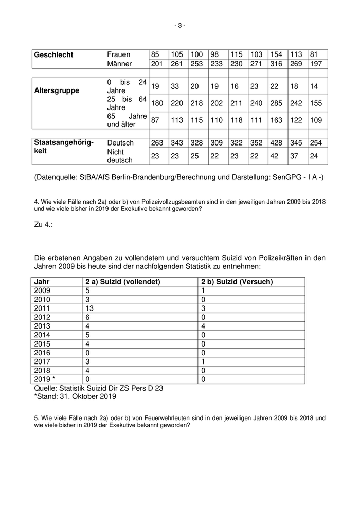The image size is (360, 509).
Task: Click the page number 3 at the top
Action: [x=179, y=25]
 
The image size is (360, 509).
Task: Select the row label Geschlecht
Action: [x=53, y=55]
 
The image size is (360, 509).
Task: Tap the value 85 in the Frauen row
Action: [x=155, y=55]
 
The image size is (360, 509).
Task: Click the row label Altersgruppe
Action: [x=57, y=90]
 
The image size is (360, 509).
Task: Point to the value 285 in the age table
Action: [x=277, y=103]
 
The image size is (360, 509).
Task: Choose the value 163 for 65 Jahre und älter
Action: [x=277, y=120]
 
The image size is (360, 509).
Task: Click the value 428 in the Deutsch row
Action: [x=277, y=142]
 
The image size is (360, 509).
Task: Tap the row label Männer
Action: [x=119, y=64]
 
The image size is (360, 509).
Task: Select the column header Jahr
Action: [x=42, y=282]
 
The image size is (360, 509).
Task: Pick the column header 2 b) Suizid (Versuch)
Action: [x=237, y=282]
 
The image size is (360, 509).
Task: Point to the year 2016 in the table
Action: [x=42, y=353]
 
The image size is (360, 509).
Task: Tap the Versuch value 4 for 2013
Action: [x=204, y=326]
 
